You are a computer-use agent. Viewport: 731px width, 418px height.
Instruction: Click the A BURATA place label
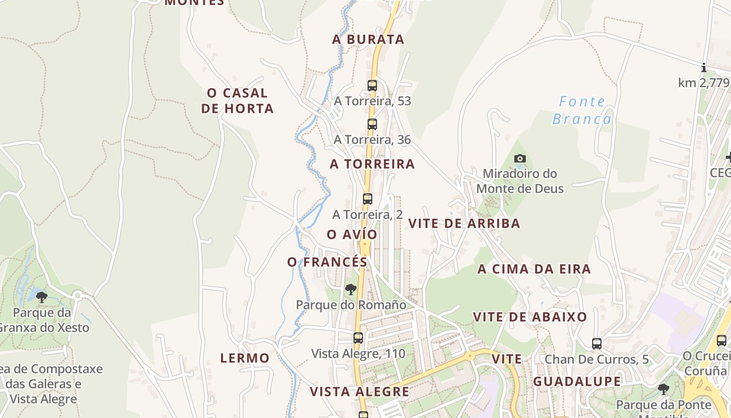coord(368,39)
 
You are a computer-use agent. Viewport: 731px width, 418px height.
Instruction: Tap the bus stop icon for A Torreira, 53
coord(372,85)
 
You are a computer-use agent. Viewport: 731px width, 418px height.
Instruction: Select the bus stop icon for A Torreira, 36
coord(372,124)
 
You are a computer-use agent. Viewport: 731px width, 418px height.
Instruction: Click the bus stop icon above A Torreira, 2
coord(367,199)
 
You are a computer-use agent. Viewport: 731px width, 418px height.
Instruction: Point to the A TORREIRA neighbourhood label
coord(372,164)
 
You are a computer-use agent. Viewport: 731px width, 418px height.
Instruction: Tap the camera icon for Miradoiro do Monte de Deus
coord(520,158)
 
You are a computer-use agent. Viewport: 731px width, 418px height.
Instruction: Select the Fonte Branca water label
coord(581,110)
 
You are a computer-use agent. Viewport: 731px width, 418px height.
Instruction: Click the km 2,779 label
coord(703,83)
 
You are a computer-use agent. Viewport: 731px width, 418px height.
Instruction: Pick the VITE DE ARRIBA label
coord(464,224)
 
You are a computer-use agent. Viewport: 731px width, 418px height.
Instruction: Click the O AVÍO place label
coord(352,235)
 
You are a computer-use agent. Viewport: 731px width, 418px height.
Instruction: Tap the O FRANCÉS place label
coord(327,262)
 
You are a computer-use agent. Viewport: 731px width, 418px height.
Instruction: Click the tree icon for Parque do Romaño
coord(351,289)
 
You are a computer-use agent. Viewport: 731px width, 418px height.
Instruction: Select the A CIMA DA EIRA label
coord(534,269)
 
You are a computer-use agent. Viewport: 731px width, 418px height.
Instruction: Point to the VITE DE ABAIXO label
coord(530,317)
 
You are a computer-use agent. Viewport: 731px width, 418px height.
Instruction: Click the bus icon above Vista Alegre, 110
coord(358,338)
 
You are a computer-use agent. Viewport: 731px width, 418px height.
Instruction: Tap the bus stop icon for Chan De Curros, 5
coord(597,343)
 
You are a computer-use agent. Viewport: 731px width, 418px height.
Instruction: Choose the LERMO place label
coord(245,358)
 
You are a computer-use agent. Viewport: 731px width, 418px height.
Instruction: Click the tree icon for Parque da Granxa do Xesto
coord(42,297)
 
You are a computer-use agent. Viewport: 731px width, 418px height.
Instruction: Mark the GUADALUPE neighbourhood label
coord(577,381)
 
